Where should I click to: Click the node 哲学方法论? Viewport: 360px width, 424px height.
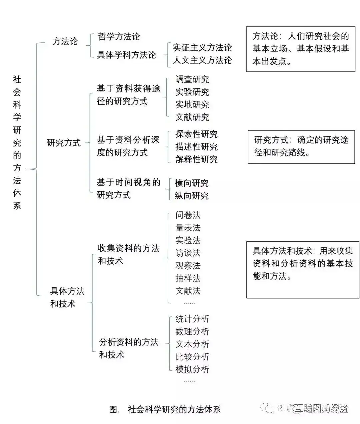119,36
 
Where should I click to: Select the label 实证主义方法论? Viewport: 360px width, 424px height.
202,48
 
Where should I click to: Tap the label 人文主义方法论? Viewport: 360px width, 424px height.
202,60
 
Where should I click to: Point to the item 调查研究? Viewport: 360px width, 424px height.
192,79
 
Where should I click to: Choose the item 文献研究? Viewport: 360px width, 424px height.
192,117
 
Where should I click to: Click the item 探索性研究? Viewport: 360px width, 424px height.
196,134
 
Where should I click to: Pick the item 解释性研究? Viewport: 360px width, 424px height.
196,159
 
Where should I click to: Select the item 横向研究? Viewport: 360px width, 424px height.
191,183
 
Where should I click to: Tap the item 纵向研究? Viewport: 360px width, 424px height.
191,196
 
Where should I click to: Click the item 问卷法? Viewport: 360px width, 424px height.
188,215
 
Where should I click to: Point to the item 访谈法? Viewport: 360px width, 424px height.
188,253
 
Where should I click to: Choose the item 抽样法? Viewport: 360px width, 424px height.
188,278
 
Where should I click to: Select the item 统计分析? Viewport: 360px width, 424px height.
192,319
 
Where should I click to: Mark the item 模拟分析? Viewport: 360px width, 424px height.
192,369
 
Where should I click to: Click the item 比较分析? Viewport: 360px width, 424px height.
192,357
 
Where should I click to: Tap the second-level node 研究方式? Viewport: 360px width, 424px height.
64,143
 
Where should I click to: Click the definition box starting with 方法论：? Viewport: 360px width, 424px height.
301,49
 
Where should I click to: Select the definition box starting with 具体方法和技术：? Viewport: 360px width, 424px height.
303,270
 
